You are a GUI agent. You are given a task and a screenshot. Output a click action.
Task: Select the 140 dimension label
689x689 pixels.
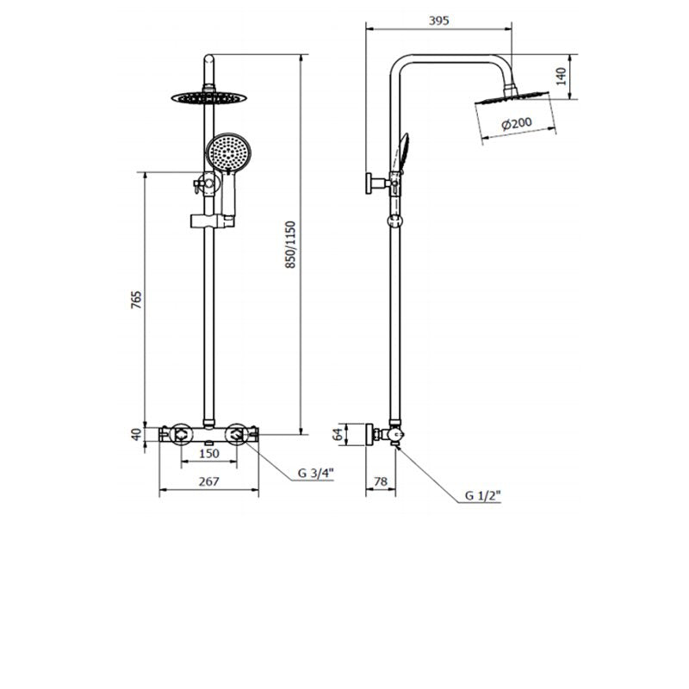(x=561, y=77)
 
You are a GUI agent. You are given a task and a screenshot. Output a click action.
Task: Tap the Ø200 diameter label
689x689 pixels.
(x=516, y=124)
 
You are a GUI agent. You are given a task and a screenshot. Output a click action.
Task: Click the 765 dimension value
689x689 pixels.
(x=136, y=301)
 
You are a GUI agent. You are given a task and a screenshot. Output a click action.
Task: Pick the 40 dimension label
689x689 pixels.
(x=136, y=434)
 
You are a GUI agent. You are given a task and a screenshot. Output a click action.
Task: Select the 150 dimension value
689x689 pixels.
(x=208, y=454)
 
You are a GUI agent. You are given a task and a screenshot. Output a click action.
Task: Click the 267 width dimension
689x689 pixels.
(x=208, y=483)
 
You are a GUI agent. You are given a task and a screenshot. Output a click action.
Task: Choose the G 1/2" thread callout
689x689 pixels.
(x=482, y=495)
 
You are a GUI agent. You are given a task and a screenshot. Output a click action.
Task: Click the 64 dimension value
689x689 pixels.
(x=338, y=434)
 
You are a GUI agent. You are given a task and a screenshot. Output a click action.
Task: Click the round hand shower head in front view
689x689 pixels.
(x=227, y=152)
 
